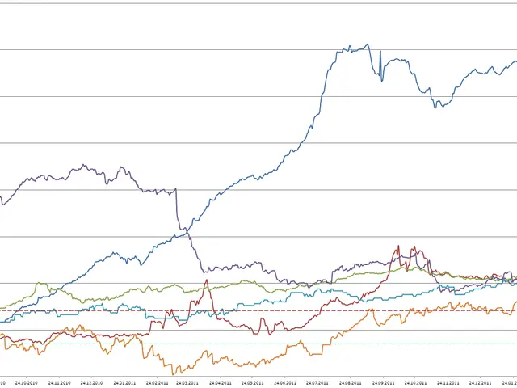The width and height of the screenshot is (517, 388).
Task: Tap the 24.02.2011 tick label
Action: pos(157,383)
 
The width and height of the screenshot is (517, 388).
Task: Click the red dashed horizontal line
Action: pos(242,310)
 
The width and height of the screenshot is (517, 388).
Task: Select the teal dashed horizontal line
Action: pos(242,344)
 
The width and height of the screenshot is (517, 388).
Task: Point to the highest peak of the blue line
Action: pos(368,45)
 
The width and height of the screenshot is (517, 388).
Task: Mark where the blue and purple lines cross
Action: pos(187,232)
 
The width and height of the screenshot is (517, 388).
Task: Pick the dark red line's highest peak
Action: pos(398,247)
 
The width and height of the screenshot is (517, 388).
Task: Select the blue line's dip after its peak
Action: pos(437,106)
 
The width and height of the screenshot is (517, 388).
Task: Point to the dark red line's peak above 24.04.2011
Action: pos(207,281)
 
